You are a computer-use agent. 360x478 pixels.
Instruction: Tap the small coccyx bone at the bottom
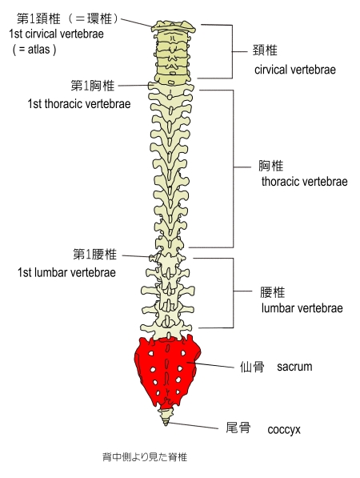click(x=166, y=416)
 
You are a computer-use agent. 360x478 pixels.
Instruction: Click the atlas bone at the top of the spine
click(x=174, y=27)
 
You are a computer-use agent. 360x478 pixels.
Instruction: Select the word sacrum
click(x=294, y=367)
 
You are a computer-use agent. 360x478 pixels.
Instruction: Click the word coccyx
click(x=284, y=430)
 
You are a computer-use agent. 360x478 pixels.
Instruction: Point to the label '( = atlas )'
click(x=34, y=49)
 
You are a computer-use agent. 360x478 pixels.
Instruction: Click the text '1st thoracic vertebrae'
click(x=79, y=104)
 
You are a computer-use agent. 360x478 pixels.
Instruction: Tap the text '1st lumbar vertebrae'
click(x=66, y=272)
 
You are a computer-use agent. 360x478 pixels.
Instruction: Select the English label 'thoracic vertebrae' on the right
click(x=304, y=182)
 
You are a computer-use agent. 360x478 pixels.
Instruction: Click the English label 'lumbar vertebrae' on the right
click(x=302, y=308)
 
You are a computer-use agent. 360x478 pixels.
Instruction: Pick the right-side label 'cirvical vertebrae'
click(x=295, y=70)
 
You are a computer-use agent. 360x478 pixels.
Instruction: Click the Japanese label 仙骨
click(x=252, y=367)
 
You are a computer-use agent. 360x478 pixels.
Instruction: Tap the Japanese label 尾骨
click(x=238, y=428)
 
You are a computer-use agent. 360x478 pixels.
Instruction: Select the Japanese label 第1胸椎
click(x=93, y=86)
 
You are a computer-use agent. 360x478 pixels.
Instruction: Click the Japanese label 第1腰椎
click(x=94, y=254)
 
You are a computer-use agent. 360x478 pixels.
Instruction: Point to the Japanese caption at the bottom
click(x=145, y=457)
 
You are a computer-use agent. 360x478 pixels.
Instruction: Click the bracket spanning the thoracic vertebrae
click(x=234, y=167)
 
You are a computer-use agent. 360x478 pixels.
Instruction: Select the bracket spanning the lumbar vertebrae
click(x=234, y=291)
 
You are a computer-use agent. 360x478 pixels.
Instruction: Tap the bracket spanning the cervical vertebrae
click(x=233, y=51)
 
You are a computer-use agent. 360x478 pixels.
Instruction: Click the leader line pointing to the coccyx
click(x=193, y=425)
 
